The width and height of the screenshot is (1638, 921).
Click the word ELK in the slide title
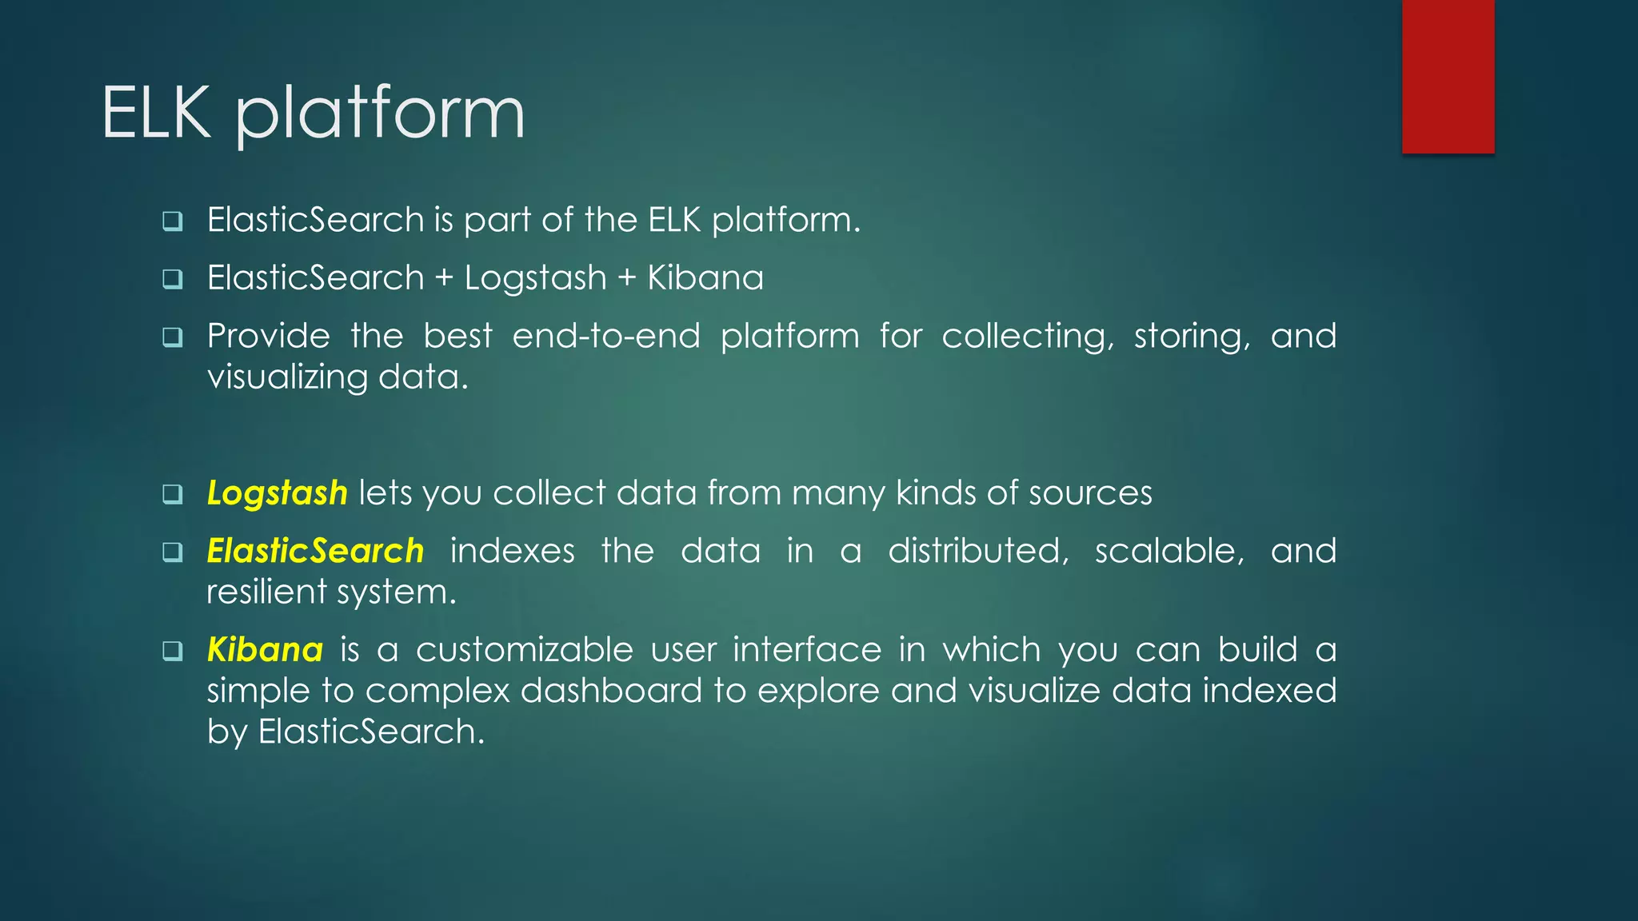pyautogui.click(x=157, y=114)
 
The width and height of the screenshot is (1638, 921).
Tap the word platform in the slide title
pyautogui.click(x=380, y=117)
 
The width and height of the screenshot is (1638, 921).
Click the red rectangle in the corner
pyautogui.click(x=1448, y=76)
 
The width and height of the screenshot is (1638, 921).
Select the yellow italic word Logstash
pyautogui.click(x=277, y=493)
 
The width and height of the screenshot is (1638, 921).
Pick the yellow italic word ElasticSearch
pyautogui.click(x=315, y=551)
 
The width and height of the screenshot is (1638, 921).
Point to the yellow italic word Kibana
pyautogui.click(x=265, y=649)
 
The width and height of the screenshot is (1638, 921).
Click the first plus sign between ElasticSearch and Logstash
pyautogui.click(x=444, y=278)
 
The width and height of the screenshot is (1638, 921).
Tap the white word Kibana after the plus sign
pyautogui.click(x=705, y=278)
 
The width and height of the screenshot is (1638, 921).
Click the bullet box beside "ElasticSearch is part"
pyautogui.click(x=173, y=221)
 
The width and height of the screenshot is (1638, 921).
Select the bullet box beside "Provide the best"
pyautogui.click(x=173, y=337)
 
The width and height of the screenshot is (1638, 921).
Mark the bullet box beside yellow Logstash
pyautogui.click(x=173, y=494)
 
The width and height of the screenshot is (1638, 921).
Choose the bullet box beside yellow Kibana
pyautogui.click(x=173, y=651)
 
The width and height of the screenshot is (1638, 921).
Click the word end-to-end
pyautogui.click(x=605, y=336)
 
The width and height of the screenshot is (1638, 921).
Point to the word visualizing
pyautogui.click(x=287, y=377)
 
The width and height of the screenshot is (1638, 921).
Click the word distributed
pyautogui.click(x=978, y=551)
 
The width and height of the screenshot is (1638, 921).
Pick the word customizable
pyautogui.click(x=524, y=649)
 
